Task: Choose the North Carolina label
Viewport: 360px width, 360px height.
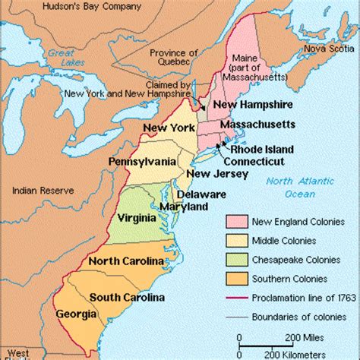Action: (x=126, y=261)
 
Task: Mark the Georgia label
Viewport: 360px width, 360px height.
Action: (x=76, y=313)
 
